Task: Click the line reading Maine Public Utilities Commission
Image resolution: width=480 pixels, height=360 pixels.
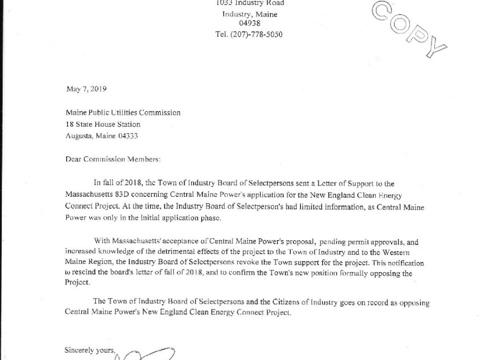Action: click(x=123, y=113)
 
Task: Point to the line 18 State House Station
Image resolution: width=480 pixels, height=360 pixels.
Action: click(x=103, y=125)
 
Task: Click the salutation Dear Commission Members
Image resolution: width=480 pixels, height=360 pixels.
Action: click(x=113, y=159)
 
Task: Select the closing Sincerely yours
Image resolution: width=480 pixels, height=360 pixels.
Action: click(x=90, y=350)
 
